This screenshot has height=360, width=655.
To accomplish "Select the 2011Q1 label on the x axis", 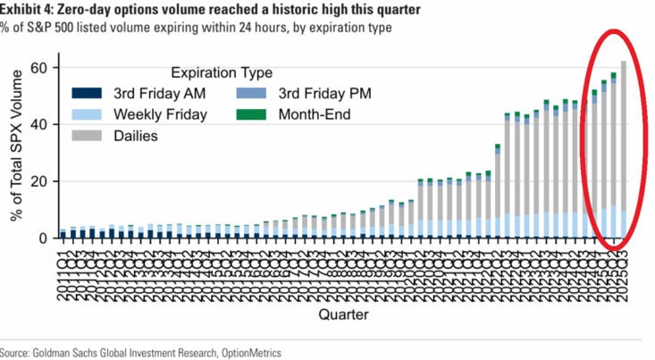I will (x=63, y=264).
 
